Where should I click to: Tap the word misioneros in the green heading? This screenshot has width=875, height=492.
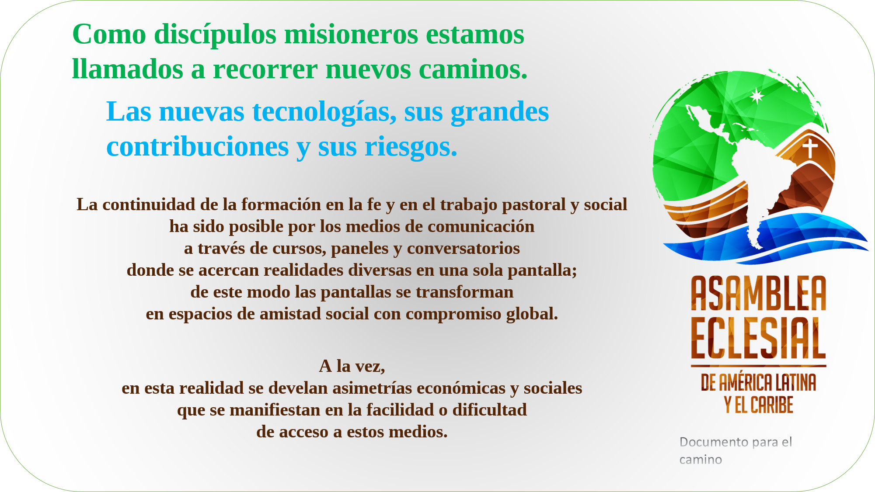point(351,34)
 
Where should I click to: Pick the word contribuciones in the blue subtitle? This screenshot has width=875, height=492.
point(198,146)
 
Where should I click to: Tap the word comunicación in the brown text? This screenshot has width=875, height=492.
point(481,226)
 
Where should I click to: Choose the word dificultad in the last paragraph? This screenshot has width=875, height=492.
point(489,410)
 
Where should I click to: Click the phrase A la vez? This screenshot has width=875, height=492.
point(352,366)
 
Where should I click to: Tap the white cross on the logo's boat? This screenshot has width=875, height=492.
point(810,148)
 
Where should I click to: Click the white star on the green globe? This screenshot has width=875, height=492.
point(757,96)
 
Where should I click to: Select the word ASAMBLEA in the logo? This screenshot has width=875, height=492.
point(759,294)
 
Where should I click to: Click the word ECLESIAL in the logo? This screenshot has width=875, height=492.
point(759,338)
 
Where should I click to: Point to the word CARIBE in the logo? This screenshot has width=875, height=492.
point(771,405)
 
